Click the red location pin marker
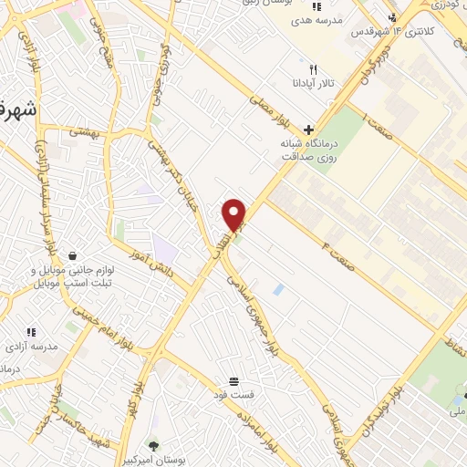(234, 215)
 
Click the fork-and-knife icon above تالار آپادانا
(313, 68)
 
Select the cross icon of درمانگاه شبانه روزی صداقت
(308, 130)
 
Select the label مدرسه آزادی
(31, 347)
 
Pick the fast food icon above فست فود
(234, 380)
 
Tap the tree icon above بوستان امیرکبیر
(152, 446)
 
